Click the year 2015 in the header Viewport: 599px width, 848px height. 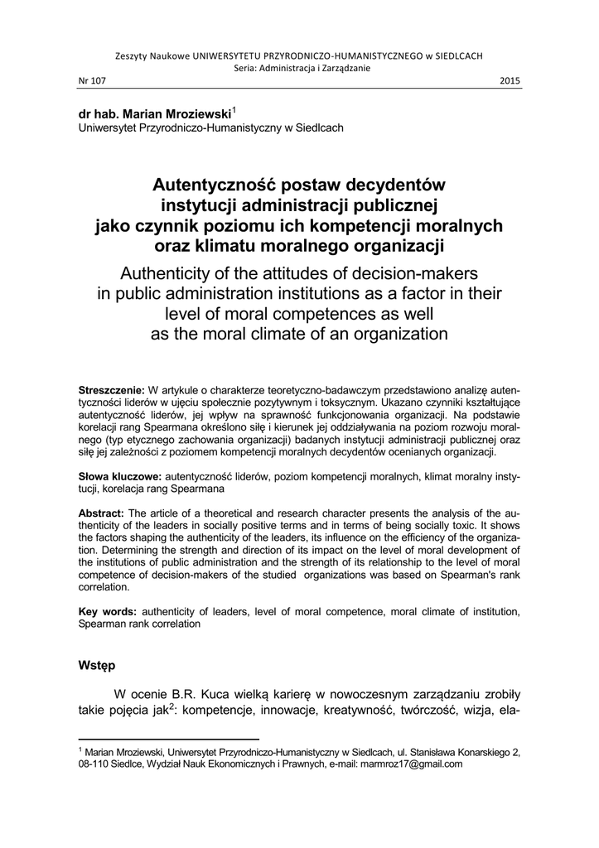click(x=511, y=80)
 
